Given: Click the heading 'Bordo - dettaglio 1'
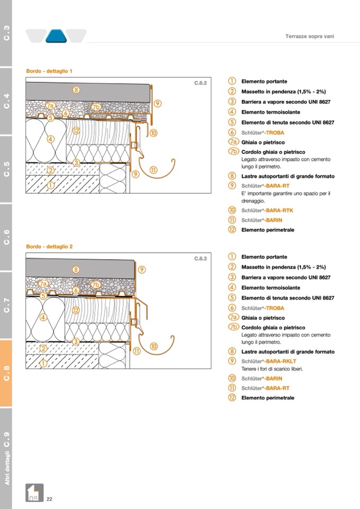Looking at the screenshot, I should point(49,71).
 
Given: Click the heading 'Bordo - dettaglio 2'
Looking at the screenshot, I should point(49,246).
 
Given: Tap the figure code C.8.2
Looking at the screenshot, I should point(200,83).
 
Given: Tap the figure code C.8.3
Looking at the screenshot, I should point(200,258).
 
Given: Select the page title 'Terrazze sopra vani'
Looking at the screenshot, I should point(310,37).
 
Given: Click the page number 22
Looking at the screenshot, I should point(49,499).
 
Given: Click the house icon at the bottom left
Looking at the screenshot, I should point(35,493).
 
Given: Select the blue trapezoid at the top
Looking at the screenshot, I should point(56,36).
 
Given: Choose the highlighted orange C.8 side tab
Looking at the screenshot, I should point(6,373).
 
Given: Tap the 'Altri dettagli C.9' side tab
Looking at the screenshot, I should point(6,458).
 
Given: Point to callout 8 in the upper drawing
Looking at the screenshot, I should point(76,90).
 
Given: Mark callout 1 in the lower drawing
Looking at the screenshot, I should point(44,363).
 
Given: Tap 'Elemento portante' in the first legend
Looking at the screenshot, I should point(264,82).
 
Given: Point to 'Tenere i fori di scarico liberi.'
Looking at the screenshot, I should point(272,369).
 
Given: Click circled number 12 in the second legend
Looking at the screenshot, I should point(232,398).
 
